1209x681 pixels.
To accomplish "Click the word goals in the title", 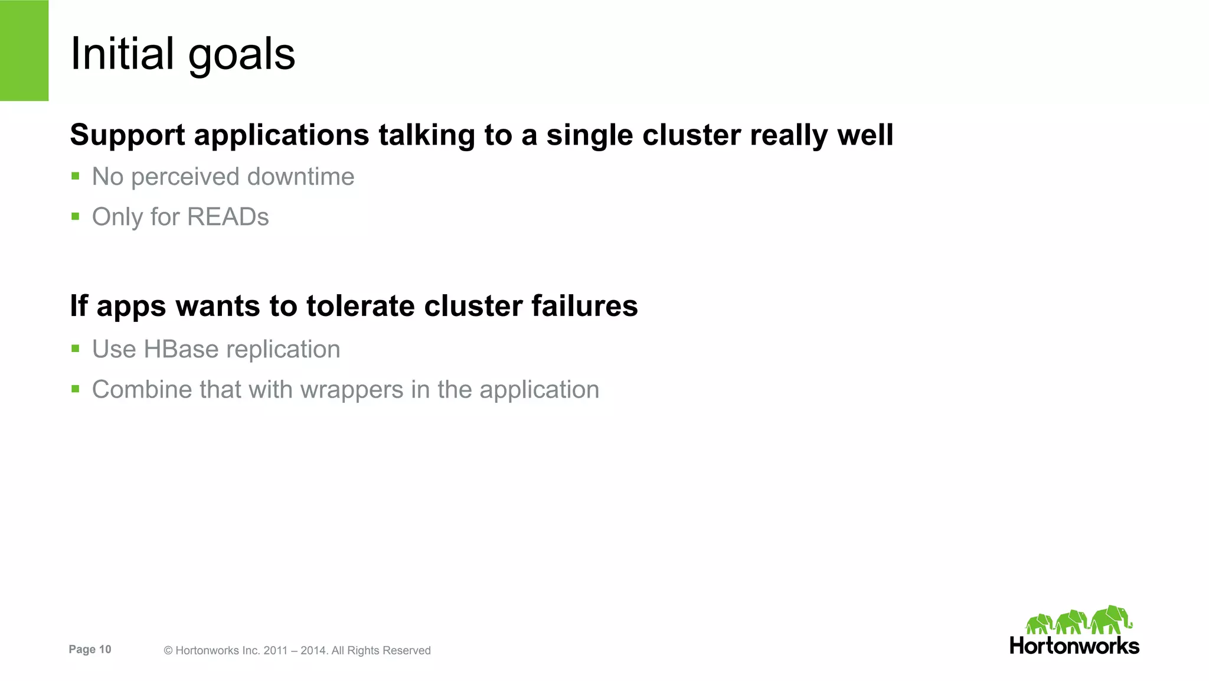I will (241, 56).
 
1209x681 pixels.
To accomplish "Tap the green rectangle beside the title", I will (24, 50).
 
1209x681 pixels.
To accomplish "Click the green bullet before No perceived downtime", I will (75, 176).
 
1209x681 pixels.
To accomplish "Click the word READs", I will (228, 217).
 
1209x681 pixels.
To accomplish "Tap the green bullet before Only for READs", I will (75, 216).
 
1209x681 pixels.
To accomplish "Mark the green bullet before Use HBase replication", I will (75, 348).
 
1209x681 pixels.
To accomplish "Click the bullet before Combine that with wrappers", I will (75, 389).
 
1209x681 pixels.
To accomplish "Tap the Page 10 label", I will (90, 650).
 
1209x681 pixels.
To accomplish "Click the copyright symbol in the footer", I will (168, 651).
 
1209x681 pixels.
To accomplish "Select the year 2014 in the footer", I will (313, 651).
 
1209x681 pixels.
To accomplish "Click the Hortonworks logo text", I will (1074, 646).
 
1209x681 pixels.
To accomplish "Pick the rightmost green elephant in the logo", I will (1112, 620).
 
